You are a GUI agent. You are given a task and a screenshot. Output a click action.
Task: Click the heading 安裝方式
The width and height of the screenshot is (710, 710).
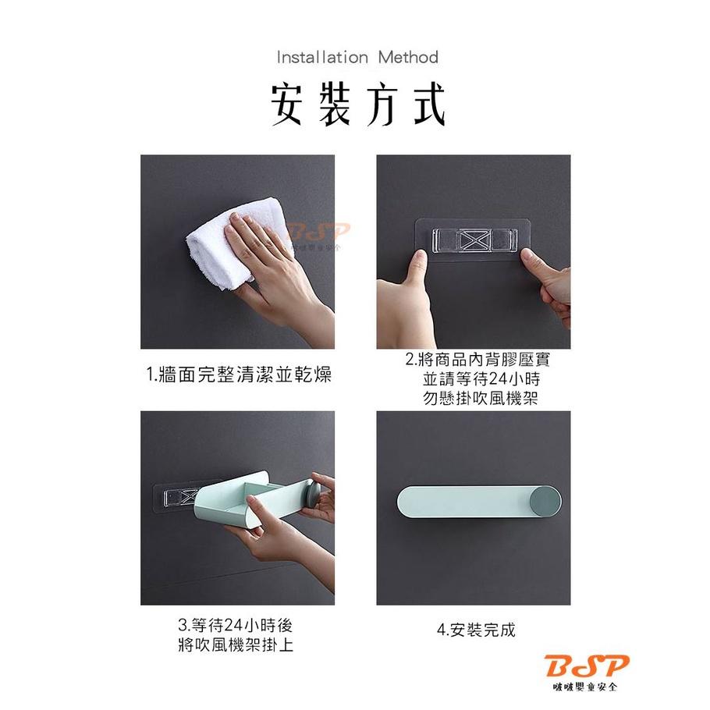[x=358, y=105]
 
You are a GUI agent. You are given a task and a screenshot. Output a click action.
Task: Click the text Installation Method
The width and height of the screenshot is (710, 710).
[x=357, y=57]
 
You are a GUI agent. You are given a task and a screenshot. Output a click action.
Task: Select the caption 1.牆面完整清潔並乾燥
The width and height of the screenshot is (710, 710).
[x=239, y=375]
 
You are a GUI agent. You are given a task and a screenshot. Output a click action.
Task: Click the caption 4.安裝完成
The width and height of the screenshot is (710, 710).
[x=476, y=630]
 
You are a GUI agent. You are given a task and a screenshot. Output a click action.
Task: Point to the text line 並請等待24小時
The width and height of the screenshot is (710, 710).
[x=481, y=379]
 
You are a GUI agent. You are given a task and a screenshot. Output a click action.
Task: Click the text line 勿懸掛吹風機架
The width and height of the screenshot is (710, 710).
[x=481, y=398]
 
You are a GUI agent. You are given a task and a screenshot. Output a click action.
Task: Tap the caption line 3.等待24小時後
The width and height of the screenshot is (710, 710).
[x=236, y=626]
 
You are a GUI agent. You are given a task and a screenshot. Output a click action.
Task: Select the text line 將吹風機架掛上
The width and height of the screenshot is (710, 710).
[x=236, y=645]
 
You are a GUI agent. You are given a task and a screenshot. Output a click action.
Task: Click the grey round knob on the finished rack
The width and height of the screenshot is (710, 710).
[x=545, y=499]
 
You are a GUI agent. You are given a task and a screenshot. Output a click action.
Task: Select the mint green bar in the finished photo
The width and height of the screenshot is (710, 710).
[x=460, y=500]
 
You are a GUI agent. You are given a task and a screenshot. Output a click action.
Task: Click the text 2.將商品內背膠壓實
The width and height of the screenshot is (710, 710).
[x=481, y=360]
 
